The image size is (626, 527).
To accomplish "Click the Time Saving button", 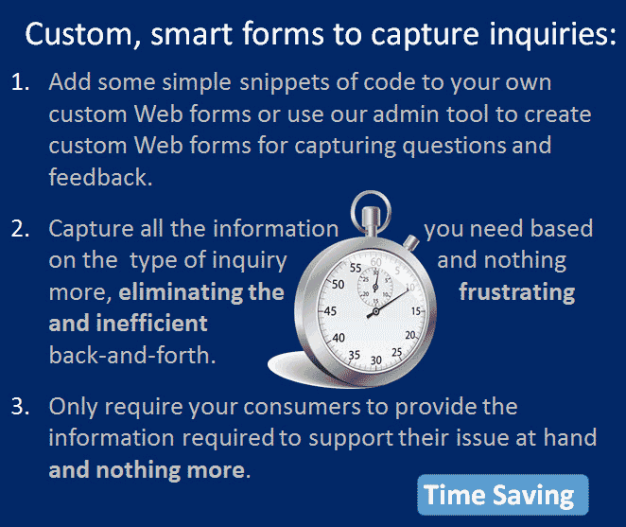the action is coord(503,495).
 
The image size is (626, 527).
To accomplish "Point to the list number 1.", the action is coord(21,82).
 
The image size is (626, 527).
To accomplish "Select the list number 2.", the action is coord(21,229).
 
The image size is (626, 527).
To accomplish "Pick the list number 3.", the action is coord(21,407).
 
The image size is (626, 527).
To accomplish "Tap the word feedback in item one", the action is coord(100,177).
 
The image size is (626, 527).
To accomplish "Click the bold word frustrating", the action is coord(517,293).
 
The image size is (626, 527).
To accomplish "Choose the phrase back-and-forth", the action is coord(132,355).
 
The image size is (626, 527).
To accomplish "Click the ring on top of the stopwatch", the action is coord(371,202).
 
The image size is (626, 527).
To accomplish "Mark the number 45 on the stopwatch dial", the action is coord(330,311).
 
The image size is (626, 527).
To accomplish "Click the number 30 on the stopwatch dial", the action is coord(375,360).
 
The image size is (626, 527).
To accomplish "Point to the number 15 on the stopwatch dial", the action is coord(416,311).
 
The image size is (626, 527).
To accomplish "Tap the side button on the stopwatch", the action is coord(411,241).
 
